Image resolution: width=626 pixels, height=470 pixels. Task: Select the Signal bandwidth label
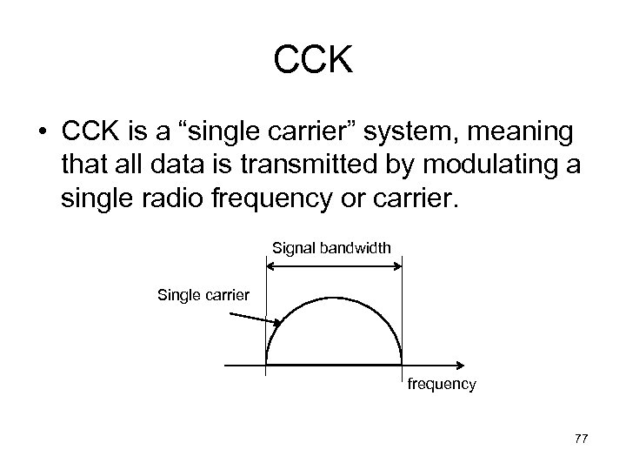point(332,250)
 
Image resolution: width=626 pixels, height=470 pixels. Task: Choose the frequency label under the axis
point(442,384)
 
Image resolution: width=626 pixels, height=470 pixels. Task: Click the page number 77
point(581,439)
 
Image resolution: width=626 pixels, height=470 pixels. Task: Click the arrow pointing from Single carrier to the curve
point(257,319)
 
